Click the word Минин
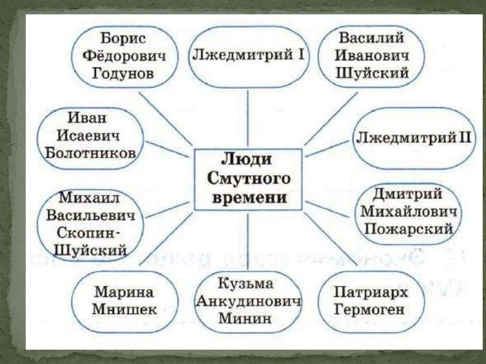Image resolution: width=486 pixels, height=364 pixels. point(245,317)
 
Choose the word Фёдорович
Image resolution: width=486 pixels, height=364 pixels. point(125,56)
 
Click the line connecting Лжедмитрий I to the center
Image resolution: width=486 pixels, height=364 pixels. point(248,119)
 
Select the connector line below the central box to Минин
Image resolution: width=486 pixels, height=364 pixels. point(248,240)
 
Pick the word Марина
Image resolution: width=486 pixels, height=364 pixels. point(124,292)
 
